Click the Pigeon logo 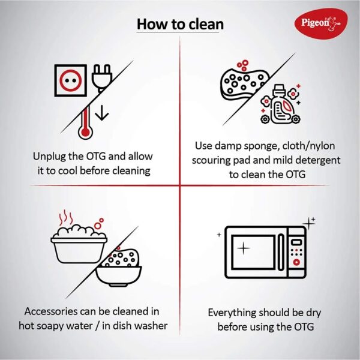(x=321, y=23)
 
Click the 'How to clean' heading (x=180, y=25)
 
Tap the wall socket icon (x=71, y=80)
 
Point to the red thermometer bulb (x=85, y=132)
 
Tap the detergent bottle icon (x=281, y=104)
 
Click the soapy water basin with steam (x=79, y=244)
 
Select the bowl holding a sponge (x=118, y=273)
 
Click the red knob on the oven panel (x=296, y=262)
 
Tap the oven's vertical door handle (x=281, y=252)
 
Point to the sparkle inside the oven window (x=244, y=248)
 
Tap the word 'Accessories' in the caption (x=51, y=311)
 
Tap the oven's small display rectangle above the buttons (x=296, y=242)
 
